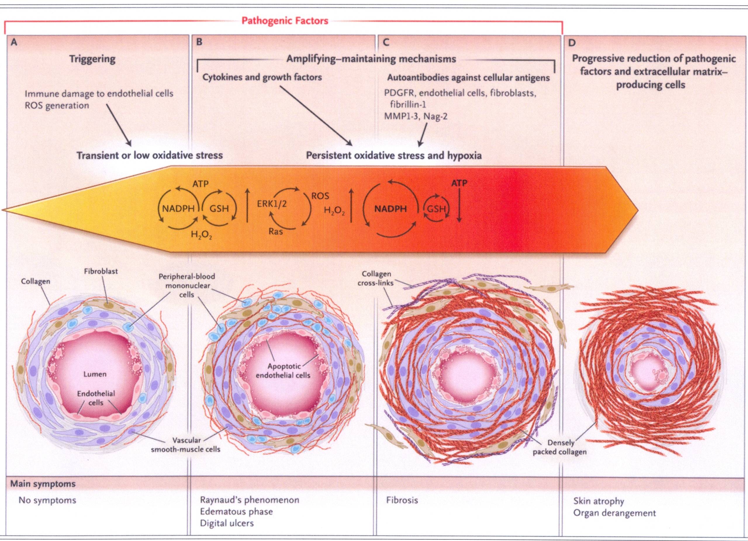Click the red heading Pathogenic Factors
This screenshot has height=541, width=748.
[x=285, y=21]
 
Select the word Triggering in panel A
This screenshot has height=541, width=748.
[x=92, y=59]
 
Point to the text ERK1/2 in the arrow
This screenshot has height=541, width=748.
[x=272, y=204]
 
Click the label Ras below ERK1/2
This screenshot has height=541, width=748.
[x=275, y=232]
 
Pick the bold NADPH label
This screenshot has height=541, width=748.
[x=391, y=209]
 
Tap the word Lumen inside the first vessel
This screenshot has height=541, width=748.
[x=95, y=374]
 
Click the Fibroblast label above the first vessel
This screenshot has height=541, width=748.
[x=101, y=271]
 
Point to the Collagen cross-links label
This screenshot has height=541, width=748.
[x=376, y=278]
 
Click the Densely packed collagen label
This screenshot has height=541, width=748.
[x=560, y=447]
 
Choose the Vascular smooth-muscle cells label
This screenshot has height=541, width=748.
[x=186, y=445]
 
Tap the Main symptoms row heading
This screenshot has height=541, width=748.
[x=43, y=484]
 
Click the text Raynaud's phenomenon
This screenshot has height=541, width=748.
[x=249, y=500]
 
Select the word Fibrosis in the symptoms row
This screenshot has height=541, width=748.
[x=402, y=500]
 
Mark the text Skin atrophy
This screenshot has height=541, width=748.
[x=599, y=501]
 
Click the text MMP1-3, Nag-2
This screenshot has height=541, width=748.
[x=416, y=116]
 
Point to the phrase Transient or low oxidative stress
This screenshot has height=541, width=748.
[x=150, y=155]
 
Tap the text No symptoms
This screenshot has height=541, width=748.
[x=47, y=500]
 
